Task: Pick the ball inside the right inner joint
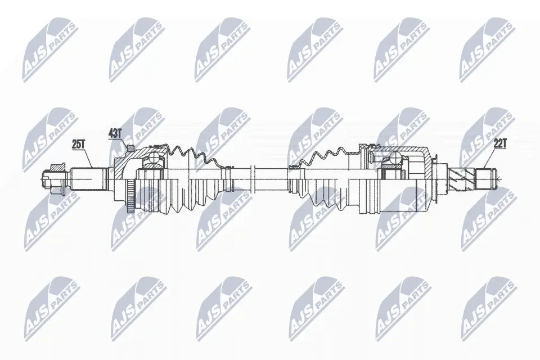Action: click(x=395, y=160)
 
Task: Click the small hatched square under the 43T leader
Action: click(x=130, y=148)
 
